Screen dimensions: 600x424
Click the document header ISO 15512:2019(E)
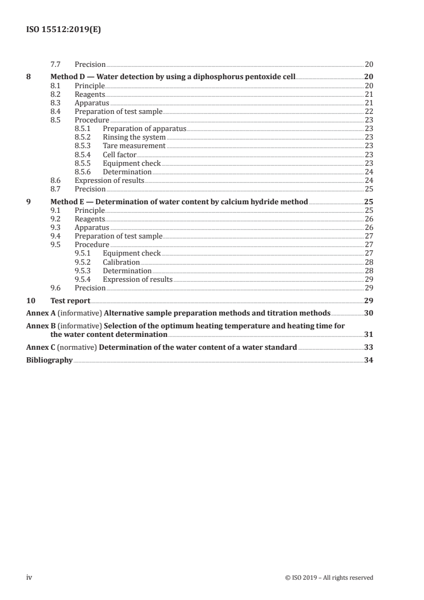coord(64,30)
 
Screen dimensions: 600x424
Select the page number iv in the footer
coord(29,577)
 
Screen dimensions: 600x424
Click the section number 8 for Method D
coord(28,76)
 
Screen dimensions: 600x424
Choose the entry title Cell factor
coord(119,155)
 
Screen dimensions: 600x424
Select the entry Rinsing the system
coord(134,137)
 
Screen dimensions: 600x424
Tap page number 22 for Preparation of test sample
coord(368,111)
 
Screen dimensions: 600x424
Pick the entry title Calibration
coord(121,262)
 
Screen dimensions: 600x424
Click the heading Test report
coord(70,301)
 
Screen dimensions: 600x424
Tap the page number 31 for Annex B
coord(368,335)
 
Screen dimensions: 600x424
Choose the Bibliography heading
coord(49,360)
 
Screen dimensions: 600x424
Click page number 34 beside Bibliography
coord(368,360)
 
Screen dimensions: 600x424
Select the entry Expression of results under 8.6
coord(109,180)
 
